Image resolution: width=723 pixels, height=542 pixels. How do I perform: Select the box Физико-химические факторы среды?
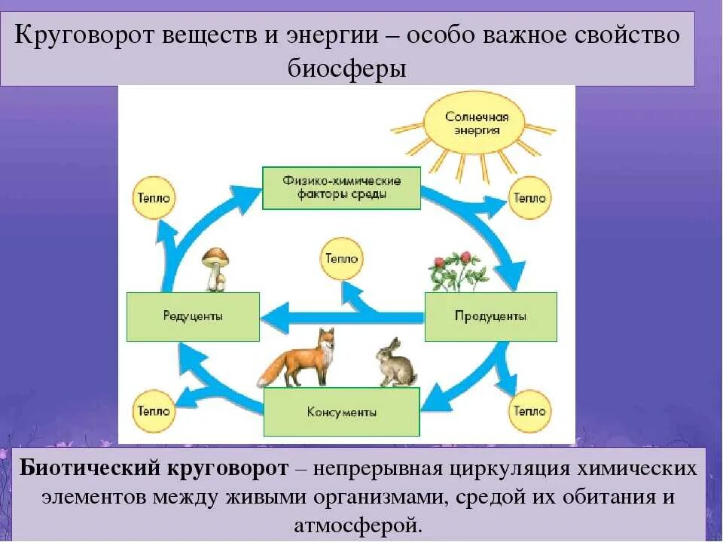pos(341,187)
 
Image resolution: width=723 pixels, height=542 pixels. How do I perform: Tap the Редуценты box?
pos(193,316)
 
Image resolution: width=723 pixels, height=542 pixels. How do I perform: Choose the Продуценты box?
pos(490,316)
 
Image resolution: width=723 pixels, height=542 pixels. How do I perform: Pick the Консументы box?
pos(341,413)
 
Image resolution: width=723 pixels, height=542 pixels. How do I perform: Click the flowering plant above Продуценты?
pos(456,272)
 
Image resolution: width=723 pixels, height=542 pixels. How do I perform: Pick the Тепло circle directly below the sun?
pos(529,198)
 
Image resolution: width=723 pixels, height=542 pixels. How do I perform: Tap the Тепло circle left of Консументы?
pos(153,412)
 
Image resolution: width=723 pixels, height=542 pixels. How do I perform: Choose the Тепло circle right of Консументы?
pos(529,412)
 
